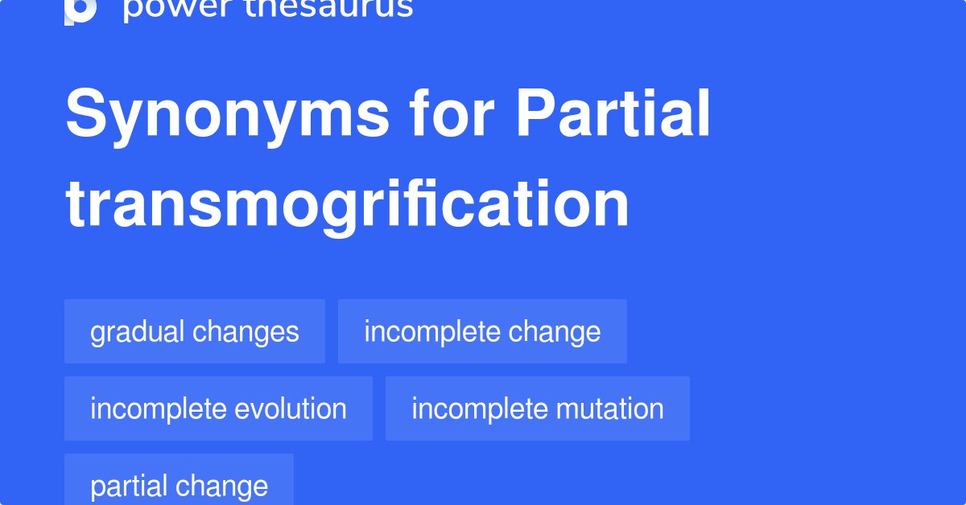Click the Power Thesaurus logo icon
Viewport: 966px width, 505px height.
80,10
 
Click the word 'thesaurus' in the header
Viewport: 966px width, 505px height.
323,8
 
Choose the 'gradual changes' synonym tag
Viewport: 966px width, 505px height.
195,331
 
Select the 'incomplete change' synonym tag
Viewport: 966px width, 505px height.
482,331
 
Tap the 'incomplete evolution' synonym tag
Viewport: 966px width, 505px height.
218,409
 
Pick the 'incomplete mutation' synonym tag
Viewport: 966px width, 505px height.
537,409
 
